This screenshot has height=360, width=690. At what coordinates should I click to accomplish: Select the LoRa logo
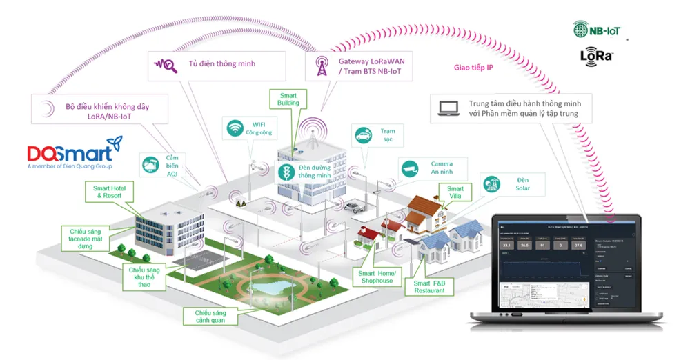(597, 55)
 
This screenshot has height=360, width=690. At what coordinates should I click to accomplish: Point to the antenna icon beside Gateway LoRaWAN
(321, 66)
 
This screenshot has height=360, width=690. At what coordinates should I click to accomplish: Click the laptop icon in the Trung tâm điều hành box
(449, 108)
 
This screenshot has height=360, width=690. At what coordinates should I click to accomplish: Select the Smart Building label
(288, 98)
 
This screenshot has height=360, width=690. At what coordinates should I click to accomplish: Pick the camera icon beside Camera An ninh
(408, 167)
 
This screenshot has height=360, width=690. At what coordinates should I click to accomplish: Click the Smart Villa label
(455, 192)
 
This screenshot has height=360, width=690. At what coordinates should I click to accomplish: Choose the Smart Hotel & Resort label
(112, 192)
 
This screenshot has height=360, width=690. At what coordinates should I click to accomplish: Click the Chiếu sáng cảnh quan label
(210, 317)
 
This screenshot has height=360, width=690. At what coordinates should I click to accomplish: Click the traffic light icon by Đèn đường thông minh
(284, 172)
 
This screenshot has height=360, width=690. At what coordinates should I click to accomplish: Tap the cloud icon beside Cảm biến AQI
(149, 164)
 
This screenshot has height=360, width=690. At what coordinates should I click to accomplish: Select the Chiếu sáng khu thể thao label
(144, 275)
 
